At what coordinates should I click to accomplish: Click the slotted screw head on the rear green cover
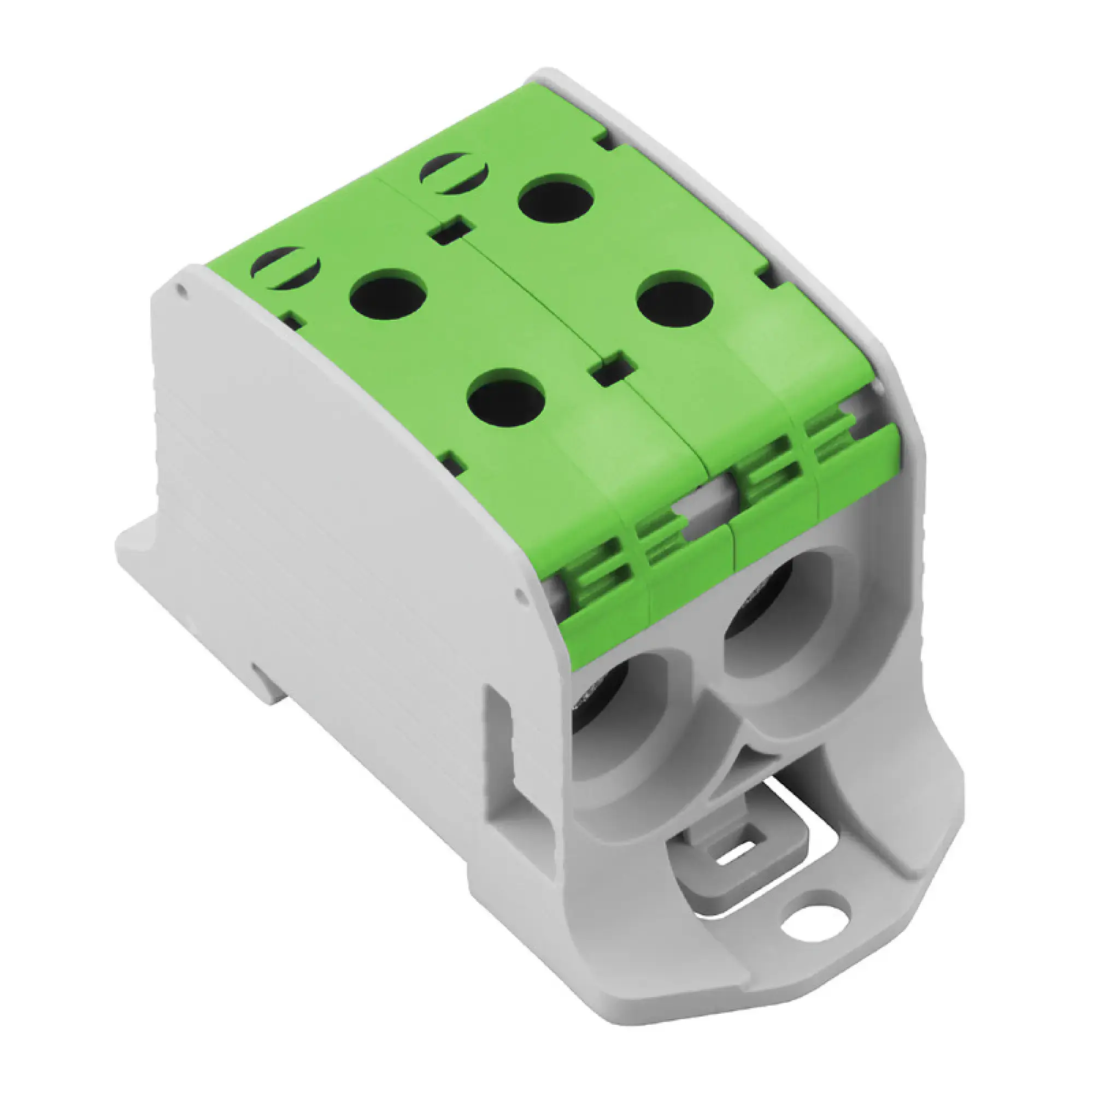(x=453, y=174)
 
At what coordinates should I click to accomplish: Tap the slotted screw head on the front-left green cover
(x=285, y=269)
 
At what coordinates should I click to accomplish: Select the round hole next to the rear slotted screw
(x=556, y=198)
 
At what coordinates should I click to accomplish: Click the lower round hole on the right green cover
(x=674, y=298)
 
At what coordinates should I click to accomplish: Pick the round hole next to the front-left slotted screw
(x=387, y=292)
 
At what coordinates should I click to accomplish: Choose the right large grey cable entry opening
(x=775, y=622)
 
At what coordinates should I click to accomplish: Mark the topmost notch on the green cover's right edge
(x=604, y=140)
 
